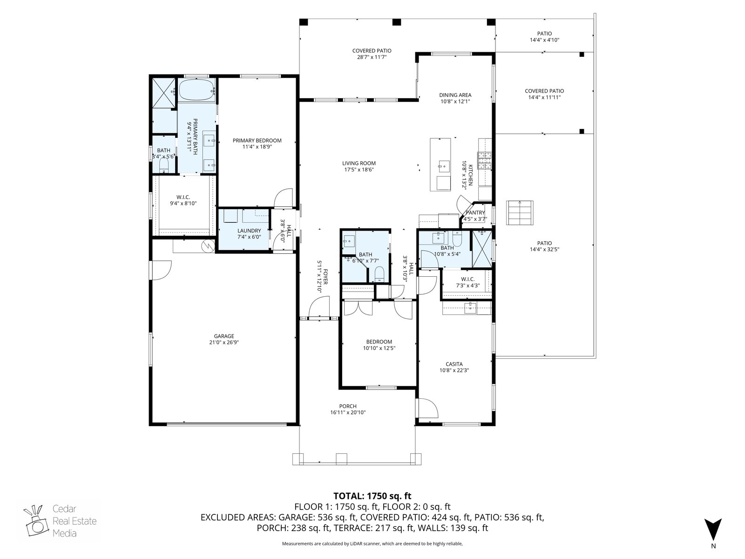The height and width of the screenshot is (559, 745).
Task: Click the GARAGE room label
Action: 223,336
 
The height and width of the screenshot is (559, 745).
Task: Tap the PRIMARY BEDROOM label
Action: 257,141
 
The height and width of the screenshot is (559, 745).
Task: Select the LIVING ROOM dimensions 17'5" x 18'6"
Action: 359,170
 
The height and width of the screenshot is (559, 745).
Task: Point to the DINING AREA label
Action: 455,95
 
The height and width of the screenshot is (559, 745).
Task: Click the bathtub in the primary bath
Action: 197,90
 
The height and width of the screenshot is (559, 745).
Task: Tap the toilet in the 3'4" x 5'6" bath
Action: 164,166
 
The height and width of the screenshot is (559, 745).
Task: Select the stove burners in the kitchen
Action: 485,161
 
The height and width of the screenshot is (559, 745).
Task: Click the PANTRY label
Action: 475,213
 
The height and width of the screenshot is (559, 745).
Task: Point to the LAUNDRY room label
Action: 249,231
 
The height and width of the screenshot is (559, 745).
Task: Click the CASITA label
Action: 454,364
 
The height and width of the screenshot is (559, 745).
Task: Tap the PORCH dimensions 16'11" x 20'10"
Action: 348,413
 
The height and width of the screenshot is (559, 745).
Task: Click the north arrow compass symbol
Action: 713,530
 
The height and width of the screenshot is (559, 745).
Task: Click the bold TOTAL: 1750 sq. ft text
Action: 372,496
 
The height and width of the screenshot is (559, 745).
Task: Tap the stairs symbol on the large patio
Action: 520,213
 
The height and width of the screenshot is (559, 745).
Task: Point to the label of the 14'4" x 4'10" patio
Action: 544,34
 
